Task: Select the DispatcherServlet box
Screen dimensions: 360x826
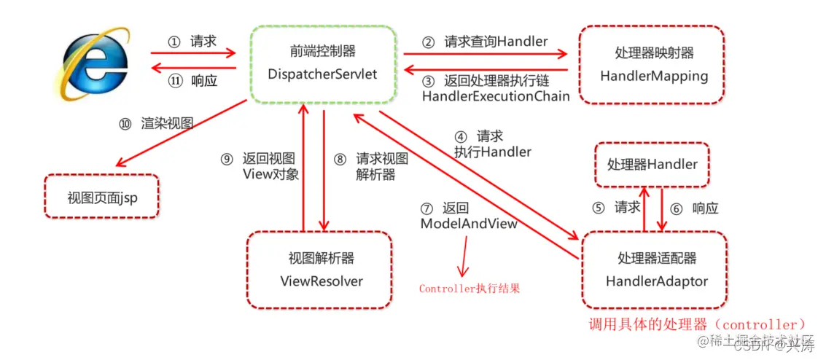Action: [x=322, y=64]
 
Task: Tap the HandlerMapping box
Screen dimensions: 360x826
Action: [x=653, y=65]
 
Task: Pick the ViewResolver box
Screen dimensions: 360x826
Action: [x=321, y=270]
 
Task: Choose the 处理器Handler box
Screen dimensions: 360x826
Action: [x=652, y=165]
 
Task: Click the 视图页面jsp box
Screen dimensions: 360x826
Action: [x=101, y=196]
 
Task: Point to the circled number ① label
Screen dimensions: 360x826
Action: [x=174, y=42]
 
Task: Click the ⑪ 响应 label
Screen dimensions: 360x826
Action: [x=192, y=81]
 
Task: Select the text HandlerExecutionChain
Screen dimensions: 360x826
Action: [x=496, y=96]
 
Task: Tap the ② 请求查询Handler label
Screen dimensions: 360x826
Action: [x=485, y=42]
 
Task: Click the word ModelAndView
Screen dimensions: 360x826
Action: [x=469, y=224]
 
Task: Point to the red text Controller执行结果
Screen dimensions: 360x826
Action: [x=469, y=289]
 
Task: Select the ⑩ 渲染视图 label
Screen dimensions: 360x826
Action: [x=156, y=124]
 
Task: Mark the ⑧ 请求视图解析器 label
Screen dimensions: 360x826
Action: [x=373, y=166]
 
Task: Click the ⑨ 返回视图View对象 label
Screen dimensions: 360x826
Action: [x=259, y=166]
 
